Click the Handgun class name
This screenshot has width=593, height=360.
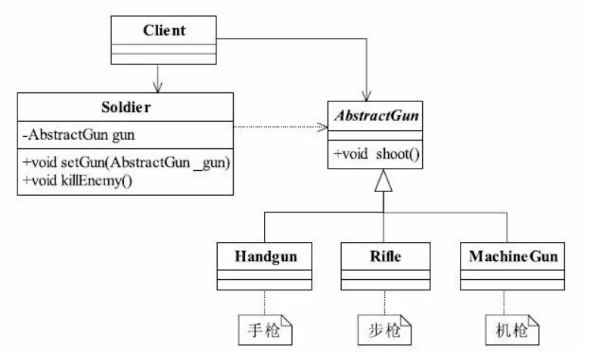tap(262, 256)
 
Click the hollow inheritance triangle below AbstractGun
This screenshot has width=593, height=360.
tap(384, 182)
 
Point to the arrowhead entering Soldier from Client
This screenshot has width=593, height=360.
tap(157, 85)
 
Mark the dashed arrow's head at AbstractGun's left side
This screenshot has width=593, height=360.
tap(321, 127)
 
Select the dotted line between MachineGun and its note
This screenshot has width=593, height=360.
tap(508, 303)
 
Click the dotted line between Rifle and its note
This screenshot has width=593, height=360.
tap(384, 303)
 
